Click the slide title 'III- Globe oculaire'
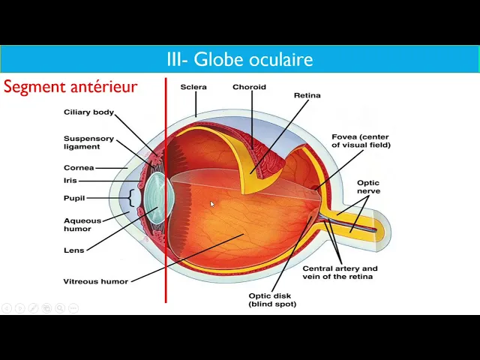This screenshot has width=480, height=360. point(240,59)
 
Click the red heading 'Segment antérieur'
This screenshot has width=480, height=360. point(70,87)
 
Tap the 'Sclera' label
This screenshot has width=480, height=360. point(193,87)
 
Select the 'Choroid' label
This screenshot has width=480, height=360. point(249,87)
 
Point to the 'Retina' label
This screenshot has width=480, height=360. point(307,95)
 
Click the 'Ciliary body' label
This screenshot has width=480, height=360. point(88,112)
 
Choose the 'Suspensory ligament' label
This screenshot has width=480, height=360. point(88,142)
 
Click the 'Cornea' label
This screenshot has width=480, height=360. point(79,168)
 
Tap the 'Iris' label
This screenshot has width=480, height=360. point(70,181)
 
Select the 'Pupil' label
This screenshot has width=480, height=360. point(74,198)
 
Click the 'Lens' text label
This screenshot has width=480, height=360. point(74,250)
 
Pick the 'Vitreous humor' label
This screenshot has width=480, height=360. point(95,281)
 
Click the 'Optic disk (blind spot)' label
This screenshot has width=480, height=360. point(272,299)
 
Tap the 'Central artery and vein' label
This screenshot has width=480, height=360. point(340,272)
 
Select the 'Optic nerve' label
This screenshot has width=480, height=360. point(368,187)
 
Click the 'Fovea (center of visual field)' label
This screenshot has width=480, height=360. point(361,141)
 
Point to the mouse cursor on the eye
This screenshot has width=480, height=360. point(212,204)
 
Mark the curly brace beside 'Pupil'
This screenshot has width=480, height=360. point(133,198)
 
